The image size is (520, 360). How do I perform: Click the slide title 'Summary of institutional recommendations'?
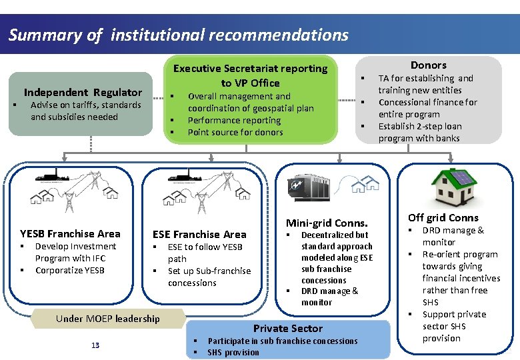[178, 35]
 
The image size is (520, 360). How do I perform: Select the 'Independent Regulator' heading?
[83, 92]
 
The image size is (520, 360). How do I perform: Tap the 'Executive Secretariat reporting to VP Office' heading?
[250, 75]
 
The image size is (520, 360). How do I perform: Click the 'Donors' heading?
[428, 65]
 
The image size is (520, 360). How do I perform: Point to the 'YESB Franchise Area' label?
[70, 233]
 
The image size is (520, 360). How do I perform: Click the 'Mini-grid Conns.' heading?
[327, 223]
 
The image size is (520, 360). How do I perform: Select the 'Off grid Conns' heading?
[443, 217]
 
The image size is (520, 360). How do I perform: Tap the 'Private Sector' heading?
[288, 328]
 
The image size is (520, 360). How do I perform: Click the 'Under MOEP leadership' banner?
[108, 318]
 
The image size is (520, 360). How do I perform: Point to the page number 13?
[95, 345]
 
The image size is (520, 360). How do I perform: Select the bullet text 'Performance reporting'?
[234, 120]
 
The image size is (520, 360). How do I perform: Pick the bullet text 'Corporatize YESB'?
[70, 270]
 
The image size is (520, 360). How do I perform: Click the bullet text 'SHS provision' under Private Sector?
[233, 352]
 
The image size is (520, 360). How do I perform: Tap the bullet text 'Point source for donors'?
[235, 132]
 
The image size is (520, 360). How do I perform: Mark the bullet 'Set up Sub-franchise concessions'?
[209, 277]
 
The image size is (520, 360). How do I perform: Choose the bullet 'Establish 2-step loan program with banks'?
[419, 132]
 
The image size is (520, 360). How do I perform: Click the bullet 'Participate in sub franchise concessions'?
[283, 341]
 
